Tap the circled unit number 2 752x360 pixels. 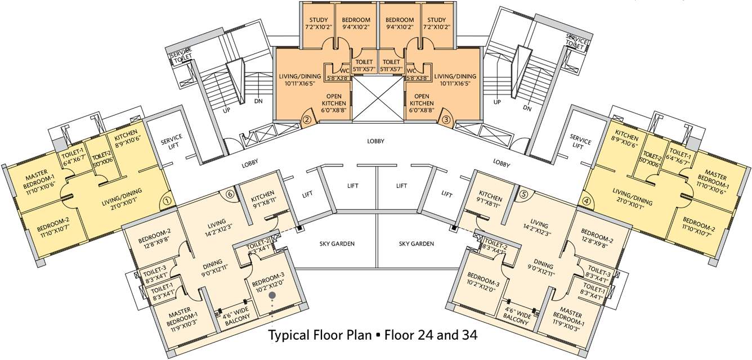[x=307, y=119]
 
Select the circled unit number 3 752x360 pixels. [x=445, y=119]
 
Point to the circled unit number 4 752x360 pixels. [x=587, y=199]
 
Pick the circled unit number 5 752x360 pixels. [x=524, y=194]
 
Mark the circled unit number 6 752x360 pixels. [x=229, y=194]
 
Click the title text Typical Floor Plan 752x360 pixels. [x=320, y=336]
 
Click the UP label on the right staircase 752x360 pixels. [x=497, y=102]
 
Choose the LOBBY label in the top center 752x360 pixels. [x=376, y=141]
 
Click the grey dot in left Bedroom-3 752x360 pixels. [x=272, y=295]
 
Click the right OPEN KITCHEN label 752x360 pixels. [x=422, y=100]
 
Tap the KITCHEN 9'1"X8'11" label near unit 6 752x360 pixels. [x=263, y=201]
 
